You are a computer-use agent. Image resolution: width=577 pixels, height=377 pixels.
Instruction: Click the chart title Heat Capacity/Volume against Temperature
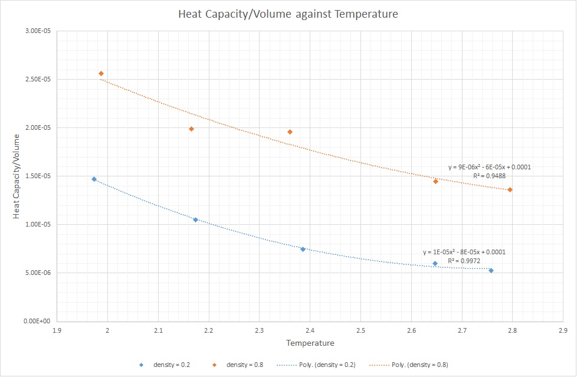tap(288, 14)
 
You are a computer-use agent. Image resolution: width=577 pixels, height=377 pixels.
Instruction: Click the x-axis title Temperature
tap(310, 343)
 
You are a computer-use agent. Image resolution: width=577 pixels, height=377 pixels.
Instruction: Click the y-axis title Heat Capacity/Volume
tap(17, 176)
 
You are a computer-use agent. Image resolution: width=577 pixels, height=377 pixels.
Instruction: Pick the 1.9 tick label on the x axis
tap(57, 331)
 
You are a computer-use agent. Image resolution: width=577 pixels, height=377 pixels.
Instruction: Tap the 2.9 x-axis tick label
tap(563, 331)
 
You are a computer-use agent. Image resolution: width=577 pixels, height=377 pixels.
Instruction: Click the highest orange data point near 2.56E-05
tap(101, 73)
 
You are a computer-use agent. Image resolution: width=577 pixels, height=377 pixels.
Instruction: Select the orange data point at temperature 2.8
tap(510, 189)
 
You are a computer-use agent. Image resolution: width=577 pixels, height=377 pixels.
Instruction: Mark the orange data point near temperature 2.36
tap(290, 132)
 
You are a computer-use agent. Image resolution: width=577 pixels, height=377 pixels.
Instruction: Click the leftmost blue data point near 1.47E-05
tap(94, 179)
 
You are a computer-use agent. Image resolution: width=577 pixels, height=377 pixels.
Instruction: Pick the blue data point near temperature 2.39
tap(303, 249)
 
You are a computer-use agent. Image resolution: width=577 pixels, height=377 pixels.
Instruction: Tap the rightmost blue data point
tap(491, 270)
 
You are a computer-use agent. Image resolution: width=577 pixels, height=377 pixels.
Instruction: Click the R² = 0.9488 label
tap(489, 176)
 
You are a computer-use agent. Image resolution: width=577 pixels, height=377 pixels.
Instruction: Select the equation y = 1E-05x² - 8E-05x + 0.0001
tap(464, 252)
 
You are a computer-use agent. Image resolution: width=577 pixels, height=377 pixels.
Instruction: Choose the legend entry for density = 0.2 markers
tap(156, 364)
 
